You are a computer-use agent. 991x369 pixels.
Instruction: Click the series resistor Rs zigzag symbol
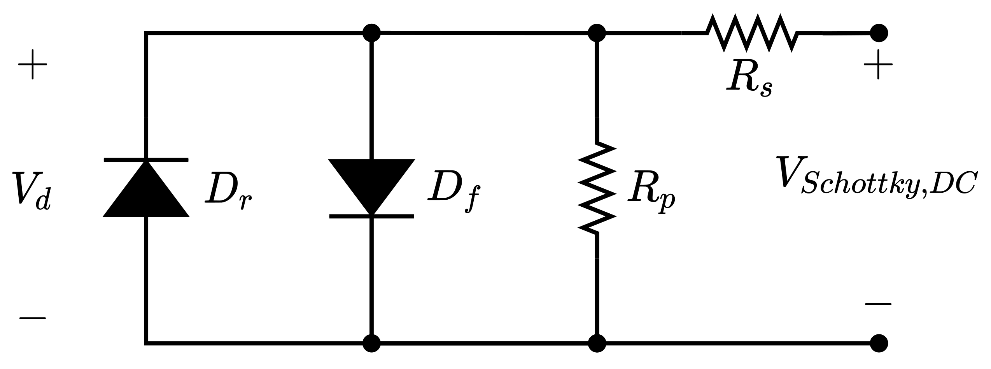[x=753, y=33]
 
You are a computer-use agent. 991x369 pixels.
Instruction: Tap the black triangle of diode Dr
[x=146, y=193]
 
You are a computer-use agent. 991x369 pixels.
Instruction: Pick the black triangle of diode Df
[x=371, y=183]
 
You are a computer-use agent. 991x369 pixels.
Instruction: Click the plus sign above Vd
[x=33, y=64]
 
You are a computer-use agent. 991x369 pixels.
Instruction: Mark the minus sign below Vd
[x=33, y=318]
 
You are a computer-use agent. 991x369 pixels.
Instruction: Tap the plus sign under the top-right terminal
[x=878, y=64]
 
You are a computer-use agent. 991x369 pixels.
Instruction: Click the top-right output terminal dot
[x=879, y=33]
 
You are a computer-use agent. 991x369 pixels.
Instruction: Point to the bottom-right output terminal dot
[x=879, y=343]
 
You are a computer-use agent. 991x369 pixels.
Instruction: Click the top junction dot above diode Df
[x=371, y=33]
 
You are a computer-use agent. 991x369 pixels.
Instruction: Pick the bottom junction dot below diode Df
[x=371, y=343]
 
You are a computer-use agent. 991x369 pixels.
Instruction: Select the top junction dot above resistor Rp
[x=597, y=33]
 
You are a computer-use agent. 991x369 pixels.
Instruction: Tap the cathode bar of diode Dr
[x=146, y=160]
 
